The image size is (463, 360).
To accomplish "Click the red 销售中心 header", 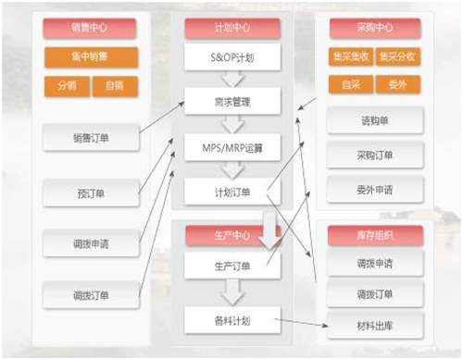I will click(x=90, y=29).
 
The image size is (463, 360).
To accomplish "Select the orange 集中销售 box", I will click(x=90, y=57).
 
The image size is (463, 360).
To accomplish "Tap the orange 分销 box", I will click(x=66, y=86).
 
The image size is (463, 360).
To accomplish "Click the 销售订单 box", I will click(x=91, y=140).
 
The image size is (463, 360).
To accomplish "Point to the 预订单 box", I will click(x=91, y=194).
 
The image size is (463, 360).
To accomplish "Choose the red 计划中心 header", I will click(x=231, y=29).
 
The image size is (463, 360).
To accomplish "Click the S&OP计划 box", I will click(x=231, y=57).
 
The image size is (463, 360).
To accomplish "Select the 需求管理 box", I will click(x=231, y=101).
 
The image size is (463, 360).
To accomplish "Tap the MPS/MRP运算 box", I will click(x=231, y=146).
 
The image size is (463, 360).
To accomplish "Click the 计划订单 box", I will click(x=231, y=192).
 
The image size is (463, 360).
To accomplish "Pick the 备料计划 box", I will click(x=231, y=321).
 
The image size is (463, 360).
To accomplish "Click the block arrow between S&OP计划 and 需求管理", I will click(x=231, y=79).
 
